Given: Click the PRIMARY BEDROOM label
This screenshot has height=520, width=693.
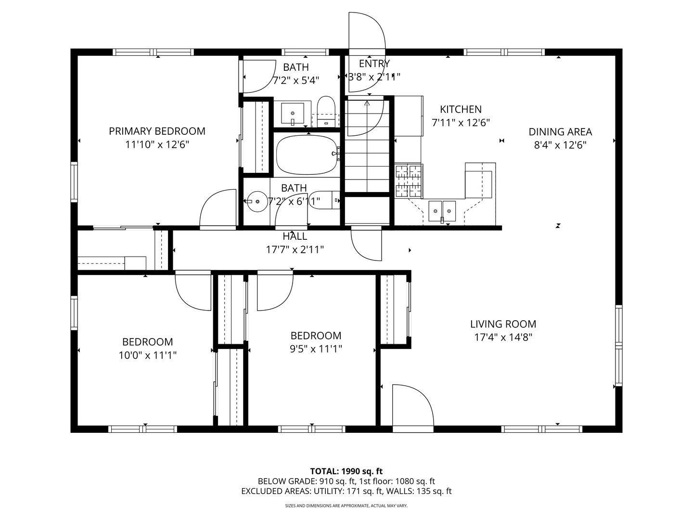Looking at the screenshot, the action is pyautogui.click(x=157, y=131).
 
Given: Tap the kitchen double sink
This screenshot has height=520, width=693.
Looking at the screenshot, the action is pyautogui.click(x=442, y=211).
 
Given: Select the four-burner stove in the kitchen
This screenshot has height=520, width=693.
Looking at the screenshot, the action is pyautogui.click(x=409, y=181).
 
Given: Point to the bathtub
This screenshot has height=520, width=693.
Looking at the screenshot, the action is pyautogui.click(x=307, y=155).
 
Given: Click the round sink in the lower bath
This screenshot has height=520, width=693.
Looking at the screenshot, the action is pyautogui.click(x=257, y=201).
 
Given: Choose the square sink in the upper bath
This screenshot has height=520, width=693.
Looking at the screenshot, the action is pyautogui.click(x=292, y=113).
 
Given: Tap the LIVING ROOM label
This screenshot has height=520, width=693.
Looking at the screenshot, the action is pyautogui.click(x=503, y=324).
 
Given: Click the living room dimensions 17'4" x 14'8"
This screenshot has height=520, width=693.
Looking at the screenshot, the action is pyautogui.click(x=503, y=338).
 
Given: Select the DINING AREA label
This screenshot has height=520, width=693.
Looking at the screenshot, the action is pyautogui.click(x=560, y=131).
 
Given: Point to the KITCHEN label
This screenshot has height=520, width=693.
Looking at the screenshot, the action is pyautogui.click(x=461, y=109).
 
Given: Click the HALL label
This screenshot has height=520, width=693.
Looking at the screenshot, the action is pyautogui.click(x=295, y=236).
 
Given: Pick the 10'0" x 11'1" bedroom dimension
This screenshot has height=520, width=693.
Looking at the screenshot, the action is pyautogui.click(x=147, y=355).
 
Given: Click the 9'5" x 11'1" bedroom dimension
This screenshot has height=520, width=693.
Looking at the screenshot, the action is pyautogui.click(x=316, y=349).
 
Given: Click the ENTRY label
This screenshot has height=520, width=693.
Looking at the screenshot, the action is pyautogui.click(x=374, y=64).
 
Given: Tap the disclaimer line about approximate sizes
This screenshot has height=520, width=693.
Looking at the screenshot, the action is pyautogui.click(x=346, y=506).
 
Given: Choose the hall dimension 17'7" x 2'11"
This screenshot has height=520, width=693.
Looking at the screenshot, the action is pyautogui.click(x=295, y=250).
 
